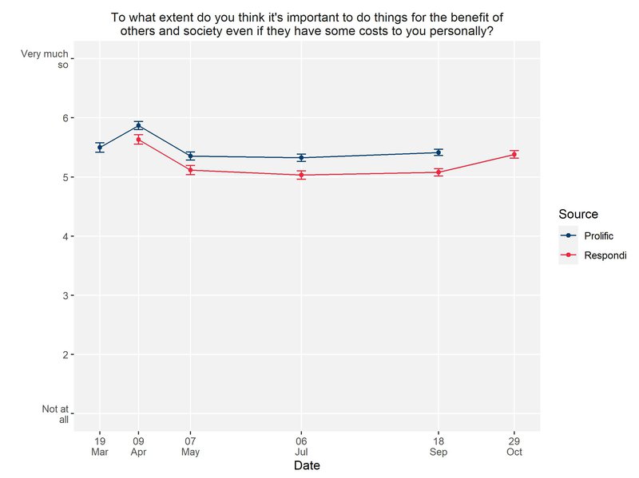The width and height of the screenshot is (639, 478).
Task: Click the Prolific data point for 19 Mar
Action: (x=100, y=147)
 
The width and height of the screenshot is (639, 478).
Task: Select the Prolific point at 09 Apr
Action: (x=138, y=125)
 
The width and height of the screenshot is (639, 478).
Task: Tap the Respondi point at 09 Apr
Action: (x=138, y=140)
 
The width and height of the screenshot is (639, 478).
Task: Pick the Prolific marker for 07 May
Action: (x=190, y=156)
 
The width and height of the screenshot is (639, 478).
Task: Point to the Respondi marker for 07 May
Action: (x=190, y=170)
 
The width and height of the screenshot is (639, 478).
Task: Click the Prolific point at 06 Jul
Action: (x=301, y=157)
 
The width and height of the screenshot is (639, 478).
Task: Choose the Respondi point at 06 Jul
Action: (x=301, y=175)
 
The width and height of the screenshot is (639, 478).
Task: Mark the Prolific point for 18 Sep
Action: (x=439, y=152)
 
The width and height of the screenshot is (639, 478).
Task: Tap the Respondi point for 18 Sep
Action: (x=439, y=172)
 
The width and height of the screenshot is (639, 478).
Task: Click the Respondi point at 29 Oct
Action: (x=514, y=155)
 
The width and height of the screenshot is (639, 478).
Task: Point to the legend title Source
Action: (x=578, y=214)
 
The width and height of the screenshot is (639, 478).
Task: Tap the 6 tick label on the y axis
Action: (x=65, y=118)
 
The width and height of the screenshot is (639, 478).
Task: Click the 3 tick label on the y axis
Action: (x=65, y=295)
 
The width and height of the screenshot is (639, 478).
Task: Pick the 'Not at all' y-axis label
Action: (x=55, y=413)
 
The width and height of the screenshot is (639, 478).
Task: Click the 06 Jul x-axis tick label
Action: (x=301, y=445)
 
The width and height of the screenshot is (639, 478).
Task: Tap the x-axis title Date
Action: (x=308, y=464)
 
